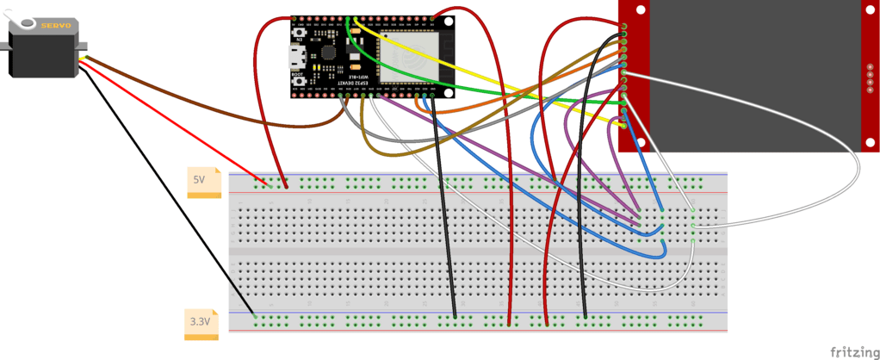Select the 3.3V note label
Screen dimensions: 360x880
[201, 322]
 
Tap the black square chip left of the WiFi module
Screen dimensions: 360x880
[330, 52]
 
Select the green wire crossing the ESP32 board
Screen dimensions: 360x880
[517, 93]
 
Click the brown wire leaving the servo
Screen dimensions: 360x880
[172, 97]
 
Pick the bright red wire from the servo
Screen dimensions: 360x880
[172, 125]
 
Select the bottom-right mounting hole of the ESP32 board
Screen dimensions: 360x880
[449, 92]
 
